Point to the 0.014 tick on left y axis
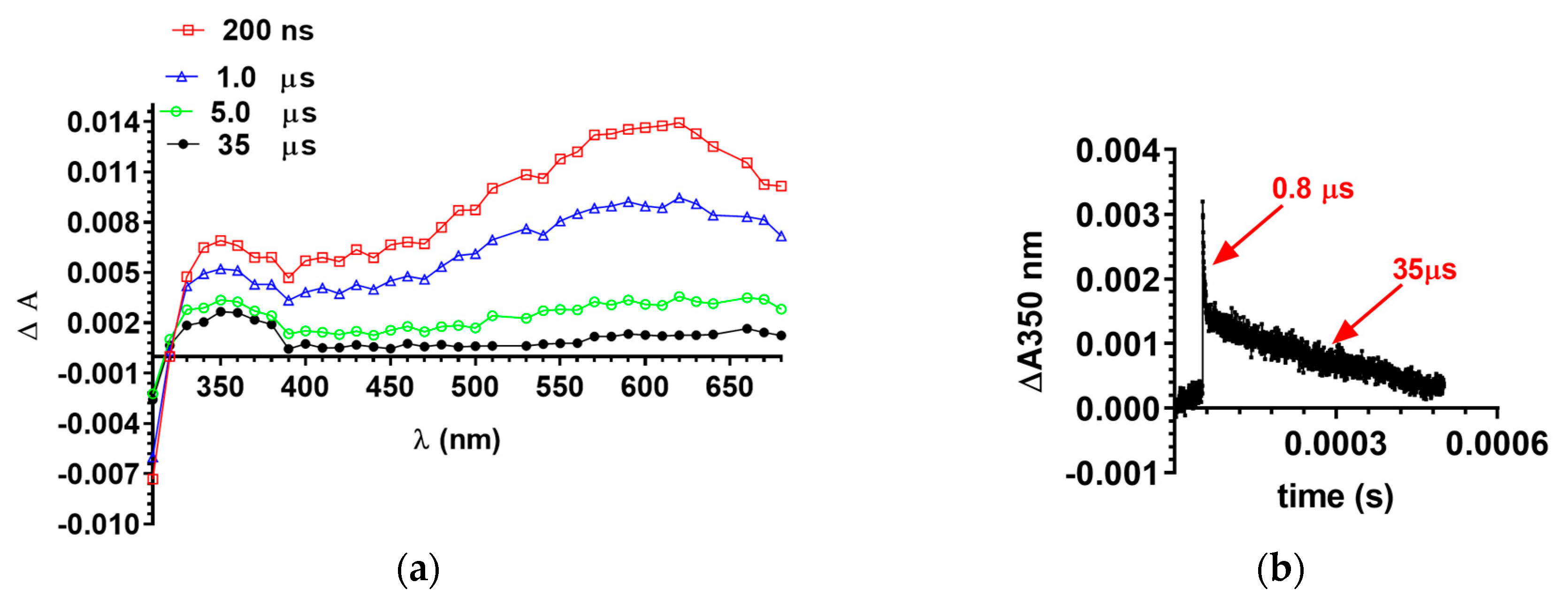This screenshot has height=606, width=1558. coord(103,123)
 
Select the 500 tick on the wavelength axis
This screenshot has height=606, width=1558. coord(475,387)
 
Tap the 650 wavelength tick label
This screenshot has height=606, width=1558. coord(729,387)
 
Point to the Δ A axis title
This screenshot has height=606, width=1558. coord(29,315)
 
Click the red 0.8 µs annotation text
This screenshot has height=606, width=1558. coord(1313,189)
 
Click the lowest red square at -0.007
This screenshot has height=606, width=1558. coord(153,479)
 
